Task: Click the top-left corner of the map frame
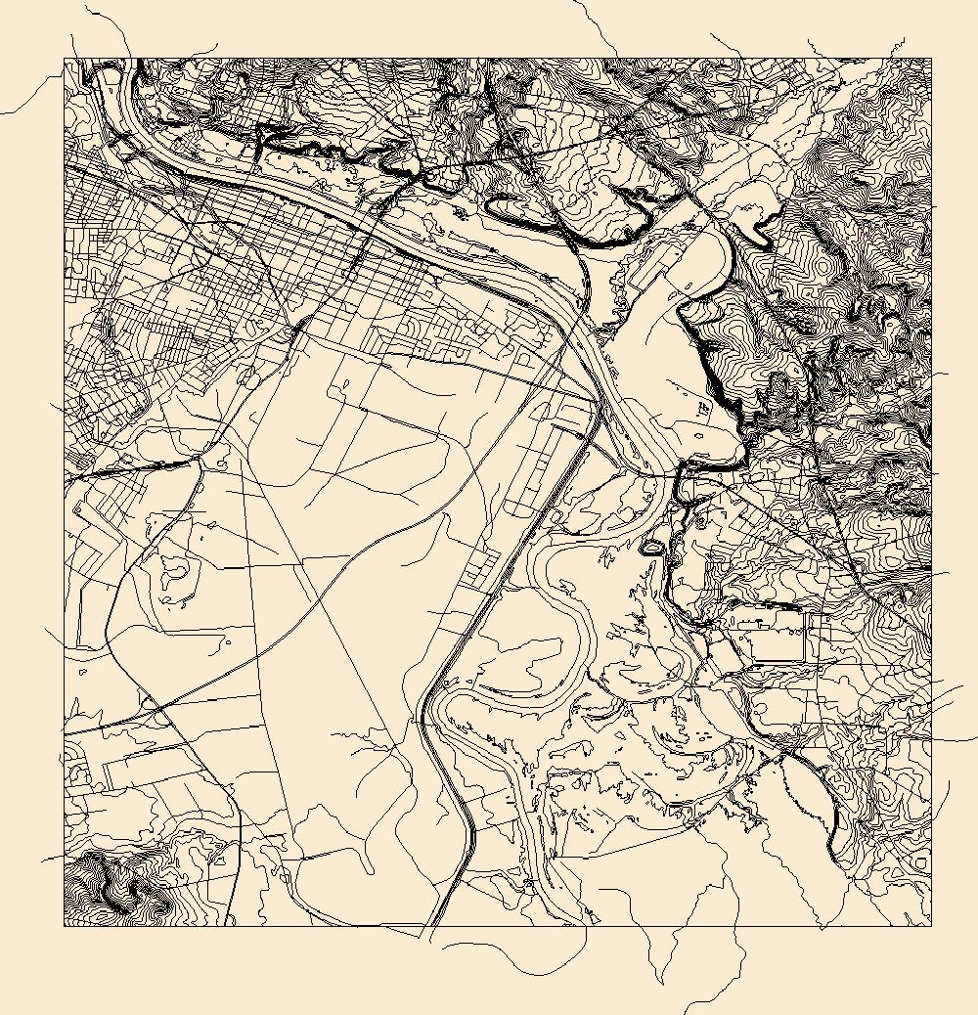[65, 59]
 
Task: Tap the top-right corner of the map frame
[931, 59]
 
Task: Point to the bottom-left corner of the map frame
[65, 925]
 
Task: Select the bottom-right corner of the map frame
[931, 925]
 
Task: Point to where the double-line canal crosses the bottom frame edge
[430, 925]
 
